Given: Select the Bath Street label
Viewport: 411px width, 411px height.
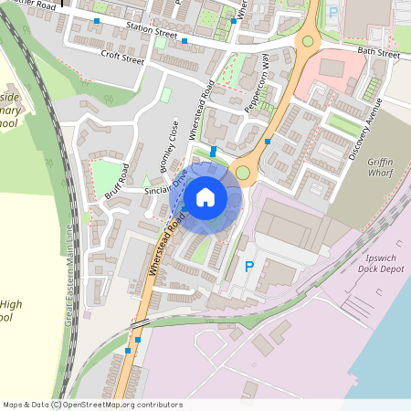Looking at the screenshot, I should (x=378, y=54).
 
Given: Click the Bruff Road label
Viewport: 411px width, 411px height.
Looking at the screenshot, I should (x=112, y=183).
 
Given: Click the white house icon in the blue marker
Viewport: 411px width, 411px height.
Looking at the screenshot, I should (x=205, y=196).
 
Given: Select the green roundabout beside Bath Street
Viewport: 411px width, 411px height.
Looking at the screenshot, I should (x=308, y=40).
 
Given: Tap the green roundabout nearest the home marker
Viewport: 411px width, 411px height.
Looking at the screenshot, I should (x=242, y=174).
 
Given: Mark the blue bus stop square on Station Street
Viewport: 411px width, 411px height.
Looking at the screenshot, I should (x=184, y=41).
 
